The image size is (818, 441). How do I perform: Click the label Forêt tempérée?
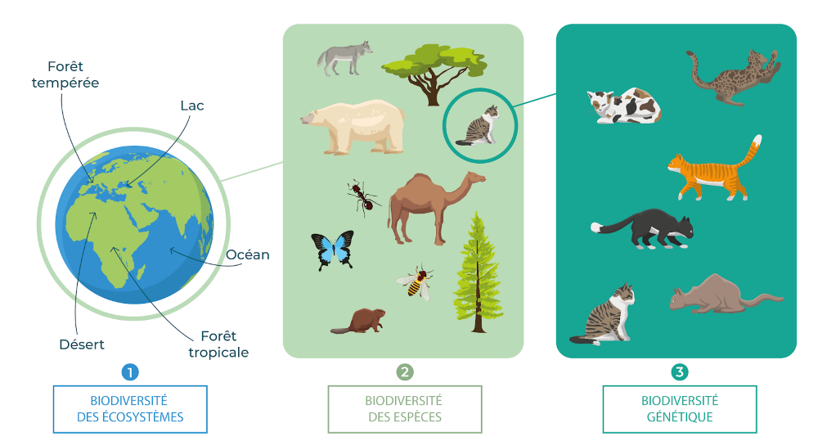pos(65,74)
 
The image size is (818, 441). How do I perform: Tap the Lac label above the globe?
pos(191,106)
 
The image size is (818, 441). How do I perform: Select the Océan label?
pos(247,254)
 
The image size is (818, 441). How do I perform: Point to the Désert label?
pos(82,344)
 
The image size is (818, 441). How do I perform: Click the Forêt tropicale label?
pos(218,344)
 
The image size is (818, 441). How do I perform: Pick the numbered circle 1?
pos(129,372)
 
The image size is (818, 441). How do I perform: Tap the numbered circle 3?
pos(679,372)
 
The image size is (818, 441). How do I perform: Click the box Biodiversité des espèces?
pos(404,409)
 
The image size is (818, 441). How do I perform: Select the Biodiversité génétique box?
pos(679,409)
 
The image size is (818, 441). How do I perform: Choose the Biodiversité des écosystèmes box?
pos(129,409)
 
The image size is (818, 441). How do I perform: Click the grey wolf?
pos(344,58)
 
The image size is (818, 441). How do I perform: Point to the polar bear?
pos(353,126)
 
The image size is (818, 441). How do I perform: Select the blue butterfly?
pos(332,250)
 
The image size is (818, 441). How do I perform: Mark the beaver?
pos(357,322)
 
